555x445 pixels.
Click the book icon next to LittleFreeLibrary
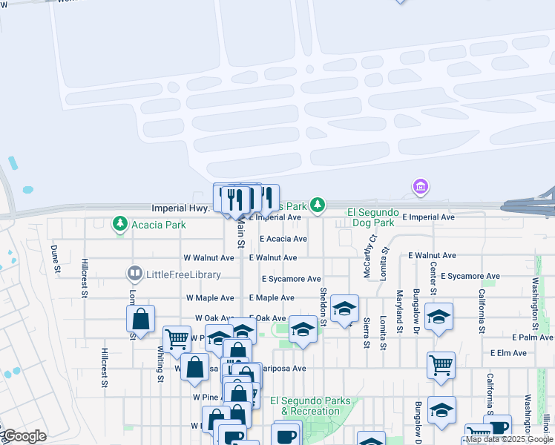click(134, 274)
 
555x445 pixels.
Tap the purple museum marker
click(421, 186)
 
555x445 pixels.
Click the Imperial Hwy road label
click(180, 208)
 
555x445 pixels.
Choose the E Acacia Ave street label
click(283, 239)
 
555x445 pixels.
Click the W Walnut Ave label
click(209, 257)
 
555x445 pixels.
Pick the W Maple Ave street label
click(210, 297)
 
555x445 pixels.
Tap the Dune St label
click(54, 260)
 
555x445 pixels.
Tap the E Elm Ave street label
click(508, 353)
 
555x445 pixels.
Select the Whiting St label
click(160, 367)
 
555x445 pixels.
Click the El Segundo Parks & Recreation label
click(310, 406)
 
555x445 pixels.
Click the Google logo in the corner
click(24, 436)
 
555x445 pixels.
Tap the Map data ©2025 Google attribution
click(509, 440)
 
